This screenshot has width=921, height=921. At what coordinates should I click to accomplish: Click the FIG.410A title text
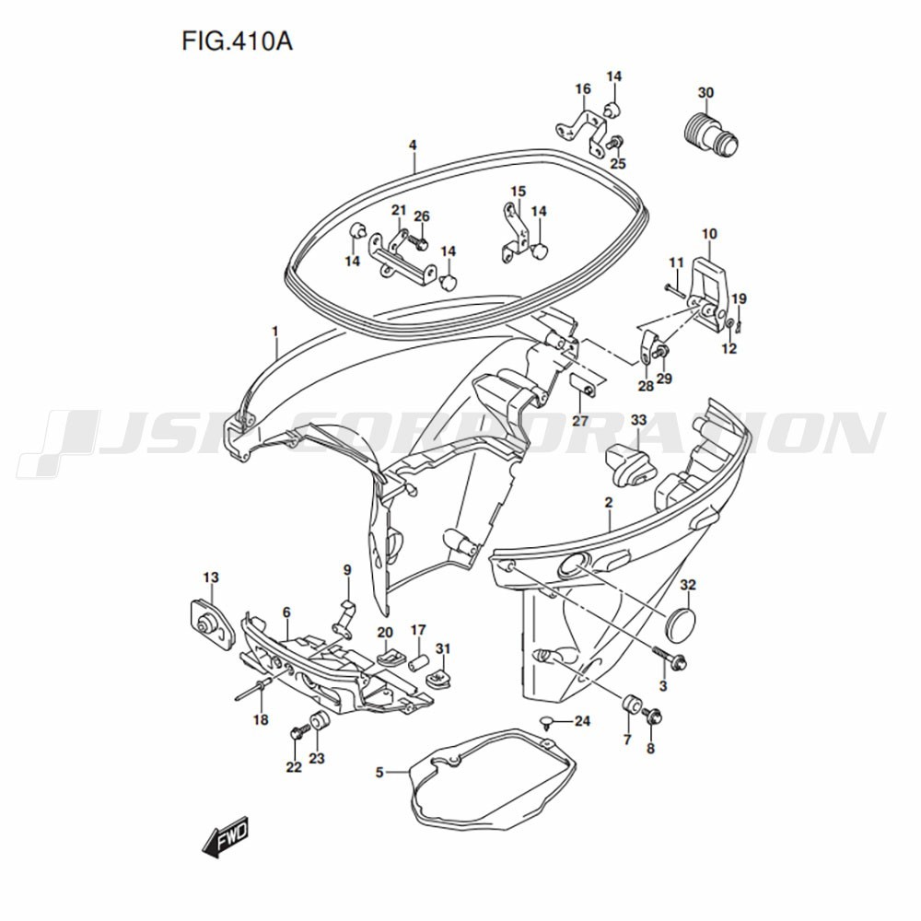coord(237,41)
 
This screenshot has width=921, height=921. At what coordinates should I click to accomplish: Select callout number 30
coord(705,93)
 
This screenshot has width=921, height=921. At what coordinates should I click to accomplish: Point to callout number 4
coord(413,145)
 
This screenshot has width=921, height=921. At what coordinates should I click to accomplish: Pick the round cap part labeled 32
coord(681,624)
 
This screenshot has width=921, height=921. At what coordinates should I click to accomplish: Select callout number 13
coord(211,577)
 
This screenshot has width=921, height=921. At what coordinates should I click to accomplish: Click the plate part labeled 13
coord(210,624)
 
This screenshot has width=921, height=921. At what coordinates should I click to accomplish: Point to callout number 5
coord(379,772)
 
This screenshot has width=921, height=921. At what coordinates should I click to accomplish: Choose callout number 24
coord(582,721)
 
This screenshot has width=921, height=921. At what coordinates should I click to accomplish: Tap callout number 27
coord(579,421)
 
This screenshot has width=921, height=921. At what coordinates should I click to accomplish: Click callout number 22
coord(294,767)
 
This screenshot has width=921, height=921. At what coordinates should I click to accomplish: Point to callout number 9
coord(347,570)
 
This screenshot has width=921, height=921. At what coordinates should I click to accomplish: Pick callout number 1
coord(274,332)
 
